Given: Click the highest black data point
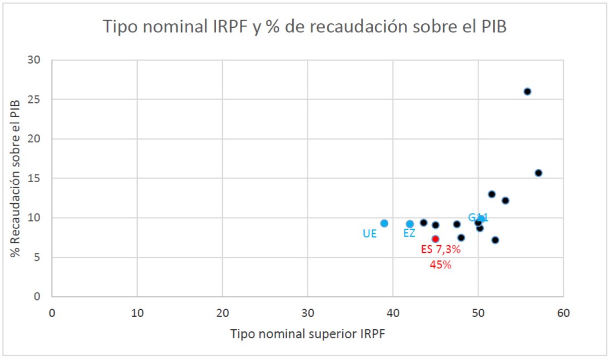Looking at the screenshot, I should point(527,92).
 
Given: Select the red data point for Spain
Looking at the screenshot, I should point(435,239).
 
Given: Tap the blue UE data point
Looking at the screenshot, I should point(384,223).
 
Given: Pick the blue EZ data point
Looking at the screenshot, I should point(409,224).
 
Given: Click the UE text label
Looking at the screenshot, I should point(370,234).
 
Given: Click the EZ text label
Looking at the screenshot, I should point(409,233).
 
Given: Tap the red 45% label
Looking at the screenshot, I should point(440,265).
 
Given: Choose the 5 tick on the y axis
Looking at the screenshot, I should point(42,257).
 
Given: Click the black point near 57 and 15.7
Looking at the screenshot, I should point(538,173).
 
